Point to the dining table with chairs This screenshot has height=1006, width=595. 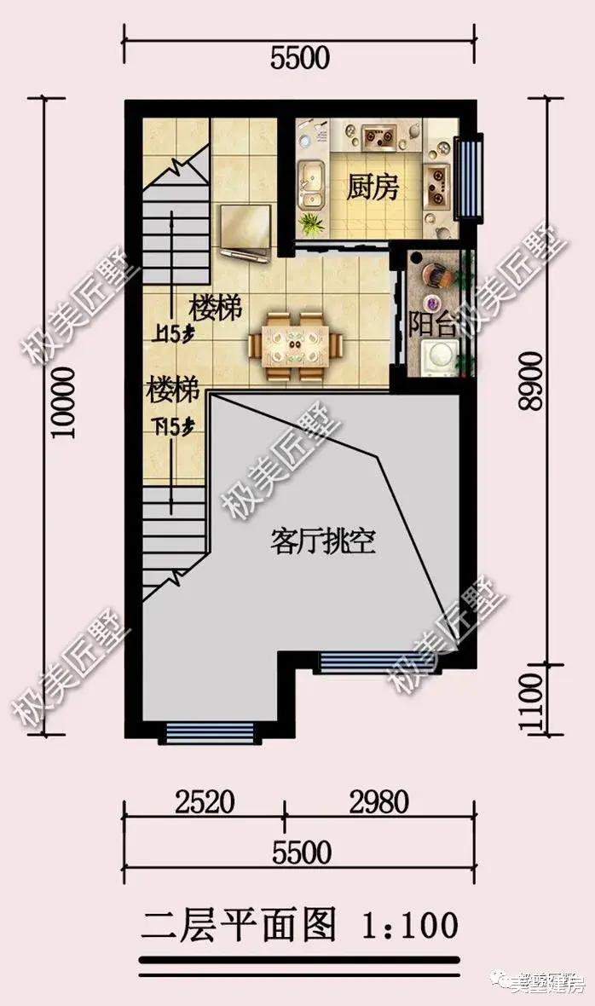(295, 344)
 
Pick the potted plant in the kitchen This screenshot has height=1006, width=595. (311, 224)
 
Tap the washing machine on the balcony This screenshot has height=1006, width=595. (442, 356)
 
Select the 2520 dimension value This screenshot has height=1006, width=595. (205, 802)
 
